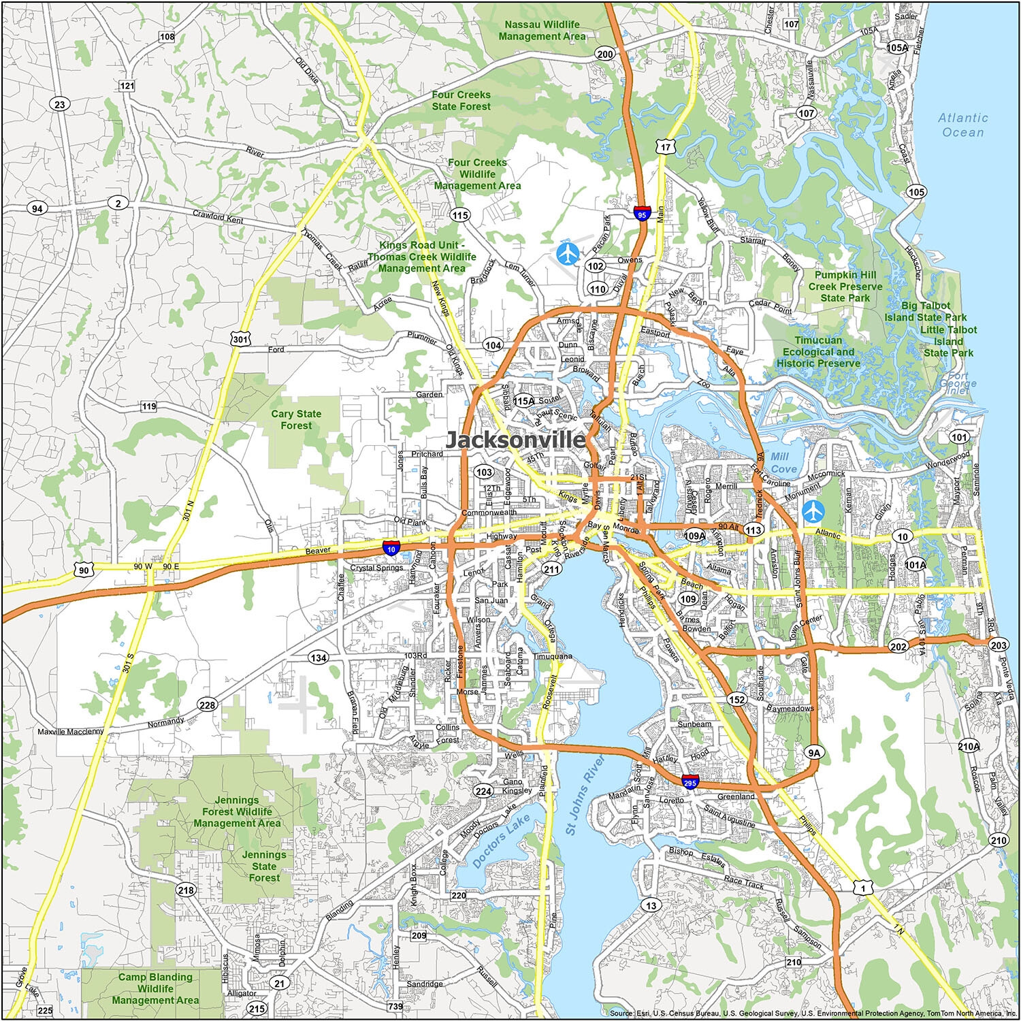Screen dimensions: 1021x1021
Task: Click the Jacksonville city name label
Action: click(515, 440)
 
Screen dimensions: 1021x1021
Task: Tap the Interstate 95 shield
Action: click(641, 214)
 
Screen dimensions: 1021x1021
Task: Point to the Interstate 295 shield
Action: click(690, 783)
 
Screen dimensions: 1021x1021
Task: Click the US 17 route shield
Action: click(665, 147)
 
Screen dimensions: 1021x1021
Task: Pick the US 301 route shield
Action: click(238, 338)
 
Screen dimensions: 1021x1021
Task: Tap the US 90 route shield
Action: click(83, 570)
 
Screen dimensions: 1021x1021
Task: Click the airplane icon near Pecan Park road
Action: click(567, 254)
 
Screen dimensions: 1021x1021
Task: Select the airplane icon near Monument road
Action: click(812, 509)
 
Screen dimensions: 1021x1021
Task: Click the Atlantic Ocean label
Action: click(962, 125)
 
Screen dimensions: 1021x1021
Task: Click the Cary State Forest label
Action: click(296, 419)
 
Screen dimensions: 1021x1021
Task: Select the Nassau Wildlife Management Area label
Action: click(542, 30)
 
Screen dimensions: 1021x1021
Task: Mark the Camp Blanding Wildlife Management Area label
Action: click(155, 988)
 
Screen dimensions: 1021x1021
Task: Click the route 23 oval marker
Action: click(60, 104)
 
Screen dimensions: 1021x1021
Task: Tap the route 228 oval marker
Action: click(207, 704)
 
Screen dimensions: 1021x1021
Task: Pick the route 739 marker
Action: click(395, 1006)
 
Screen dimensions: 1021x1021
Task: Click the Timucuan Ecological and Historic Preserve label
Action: click(818, 352)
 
